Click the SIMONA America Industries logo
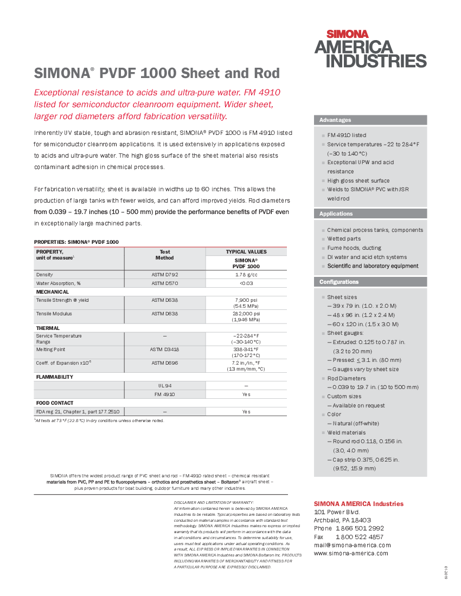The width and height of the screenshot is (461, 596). [x=370, y=49]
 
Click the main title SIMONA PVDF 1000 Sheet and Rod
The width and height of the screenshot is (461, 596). [x=157, y=73]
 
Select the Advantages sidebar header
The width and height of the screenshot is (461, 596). [x=335, y=120]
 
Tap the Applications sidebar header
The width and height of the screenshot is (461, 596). [x=336, y=214]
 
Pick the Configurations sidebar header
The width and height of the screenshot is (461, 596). [x=339, y=282]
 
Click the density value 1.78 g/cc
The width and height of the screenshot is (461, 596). [x=246, y=275]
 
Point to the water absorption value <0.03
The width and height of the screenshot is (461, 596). [x=246, y=283]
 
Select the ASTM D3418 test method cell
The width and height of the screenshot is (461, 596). [x=164, y=349]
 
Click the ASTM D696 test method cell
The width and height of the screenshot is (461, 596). [x=164, y=362]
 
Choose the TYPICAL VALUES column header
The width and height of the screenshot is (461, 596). [x=246, y=252]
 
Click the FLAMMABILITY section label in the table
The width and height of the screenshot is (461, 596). [x=54, y=377]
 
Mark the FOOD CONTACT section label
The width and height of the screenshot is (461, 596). [x=55, y=403]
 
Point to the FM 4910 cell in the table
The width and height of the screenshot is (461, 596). [x=164, y=394]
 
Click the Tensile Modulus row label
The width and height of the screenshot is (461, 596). [x=54, y=314]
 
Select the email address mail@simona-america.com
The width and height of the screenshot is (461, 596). [x=352, y=545]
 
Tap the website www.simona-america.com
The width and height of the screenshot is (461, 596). [x=351, y=553]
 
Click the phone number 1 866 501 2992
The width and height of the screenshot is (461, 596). [x=360, y=528]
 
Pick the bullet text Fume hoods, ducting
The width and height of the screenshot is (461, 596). [x=354, y=248]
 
